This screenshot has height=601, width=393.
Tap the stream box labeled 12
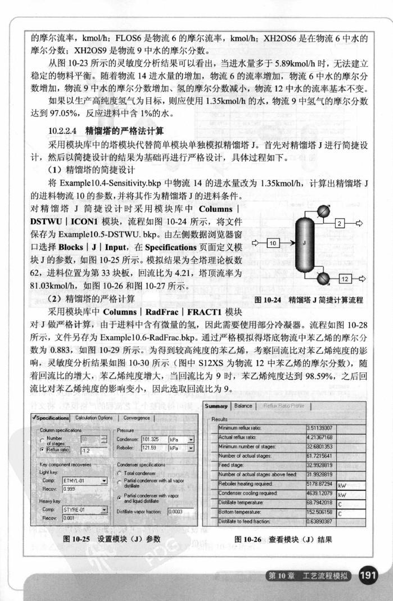tap(345, 278)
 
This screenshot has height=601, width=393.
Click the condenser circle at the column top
tap(323, 210)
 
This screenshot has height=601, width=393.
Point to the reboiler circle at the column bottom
tap(324, 277)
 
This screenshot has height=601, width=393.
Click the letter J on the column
tap(304, 243)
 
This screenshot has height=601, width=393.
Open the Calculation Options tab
tap(94, 418)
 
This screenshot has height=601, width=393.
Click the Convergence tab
tap(137, 418)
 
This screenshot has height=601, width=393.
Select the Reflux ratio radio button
tap(43, 450)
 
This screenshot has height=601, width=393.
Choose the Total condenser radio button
tap(120, 473)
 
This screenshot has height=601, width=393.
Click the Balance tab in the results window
tap(243, 406)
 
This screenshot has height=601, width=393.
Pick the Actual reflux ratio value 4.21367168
tap(319, 437)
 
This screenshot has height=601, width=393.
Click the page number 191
tap(369, 575)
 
